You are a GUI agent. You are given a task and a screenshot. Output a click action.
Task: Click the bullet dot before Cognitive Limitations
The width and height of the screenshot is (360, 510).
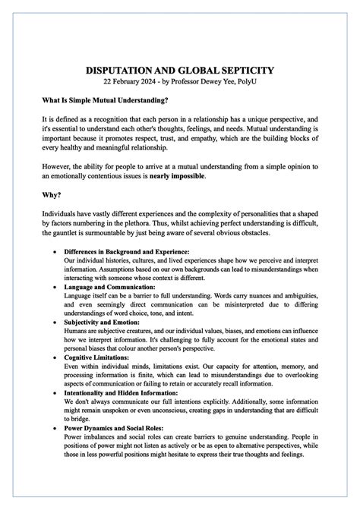pos(53,357)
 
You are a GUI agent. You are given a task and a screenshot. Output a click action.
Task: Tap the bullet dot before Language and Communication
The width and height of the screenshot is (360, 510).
pos(53,287)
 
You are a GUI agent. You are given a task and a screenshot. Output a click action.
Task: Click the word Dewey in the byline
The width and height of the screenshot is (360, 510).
pos(224,81)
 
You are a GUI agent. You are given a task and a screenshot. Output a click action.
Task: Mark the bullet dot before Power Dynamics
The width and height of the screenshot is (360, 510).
pos(53,427)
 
